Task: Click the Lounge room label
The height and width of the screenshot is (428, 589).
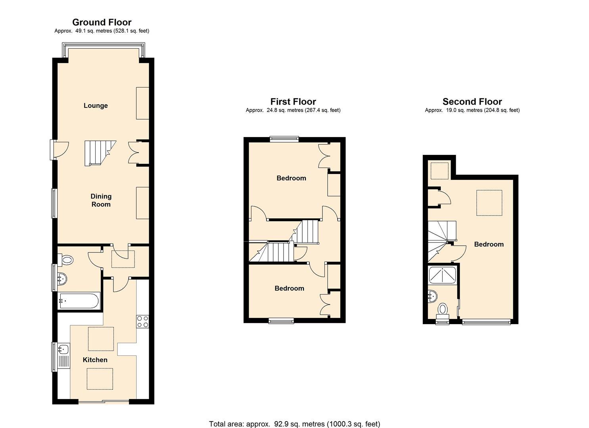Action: coord(96,105)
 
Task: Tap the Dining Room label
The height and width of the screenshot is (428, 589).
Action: coord(101,200)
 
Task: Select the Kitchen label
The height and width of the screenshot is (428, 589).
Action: coord(95,360)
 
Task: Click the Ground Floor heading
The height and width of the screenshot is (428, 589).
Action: coord(102,22)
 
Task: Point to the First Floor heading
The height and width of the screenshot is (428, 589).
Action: coord(293,102)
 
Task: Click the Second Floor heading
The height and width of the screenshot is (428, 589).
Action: coord(472,102)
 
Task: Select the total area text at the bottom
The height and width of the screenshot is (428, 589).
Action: coord(294,424)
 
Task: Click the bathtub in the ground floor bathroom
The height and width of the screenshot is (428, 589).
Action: coord(79,301)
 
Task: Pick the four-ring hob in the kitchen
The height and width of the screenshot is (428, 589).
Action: coord(142,321)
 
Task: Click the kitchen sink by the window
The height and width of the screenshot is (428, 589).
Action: coord(63,349)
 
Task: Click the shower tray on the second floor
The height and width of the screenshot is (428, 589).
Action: coord(443,275)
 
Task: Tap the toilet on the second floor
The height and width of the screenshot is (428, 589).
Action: coord(443,310)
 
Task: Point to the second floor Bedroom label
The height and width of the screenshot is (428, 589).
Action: coord(489,244)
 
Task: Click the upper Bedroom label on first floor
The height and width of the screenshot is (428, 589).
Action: coord(291,178)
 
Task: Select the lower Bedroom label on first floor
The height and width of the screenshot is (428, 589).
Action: coord(289,288)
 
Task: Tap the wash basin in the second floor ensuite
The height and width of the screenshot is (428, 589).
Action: coord(433,296)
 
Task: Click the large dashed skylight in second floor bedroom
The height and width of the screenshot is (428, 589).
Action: coord(489,203)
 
